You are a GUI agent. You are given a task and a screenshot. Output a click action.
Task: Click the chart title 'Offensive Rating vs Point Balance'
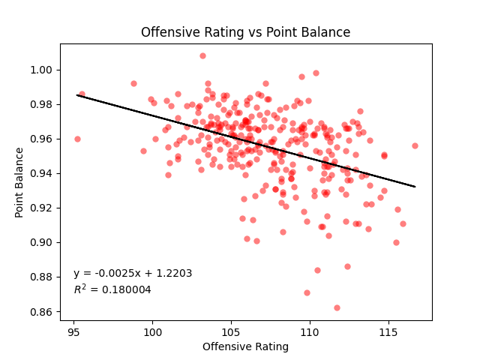pyautogui.click(x=246, y=33)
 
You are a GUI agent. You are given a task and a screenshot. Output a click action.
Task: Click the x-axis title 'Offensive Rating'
pyautogui.click(x=245, y=346)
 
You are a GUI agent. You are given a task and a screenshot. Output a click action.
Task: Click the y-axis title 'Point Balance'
pyautogui.click(x=20, y=182)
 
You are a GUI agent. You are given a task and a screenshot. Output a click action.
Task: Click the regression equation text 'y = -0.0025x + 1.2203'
pyautogui.click(x=133, y=274)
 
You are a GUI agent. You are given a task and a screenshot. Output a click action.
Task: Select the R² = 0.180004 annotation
pyautogui.click(x=112, y=289)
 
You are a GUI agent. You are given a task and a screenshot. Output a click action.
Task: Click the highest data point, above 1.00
pyautogui.click(x=202, y=55)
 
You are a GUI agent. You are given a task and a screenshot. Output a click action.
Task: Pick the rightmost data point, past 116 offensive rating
pyautogui.click(x=415, y=145)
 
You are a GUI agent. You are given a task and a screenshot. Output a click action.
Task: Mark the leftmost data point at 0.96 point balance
pyautogui.click(x=77, y=139)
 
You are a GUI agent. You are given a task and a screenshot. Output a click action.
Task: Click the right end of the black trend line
pyautogui.click(x=415, y=186)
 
